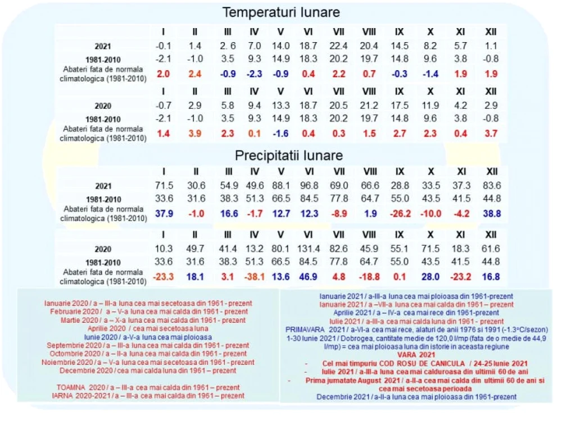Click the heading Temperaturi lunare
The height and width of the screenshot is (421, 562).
pos(281,12)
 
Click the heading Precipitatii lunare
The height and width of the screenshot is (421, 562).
pos(288,155)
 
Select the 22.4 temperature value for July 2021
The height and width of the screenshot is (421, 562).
pos(338,46)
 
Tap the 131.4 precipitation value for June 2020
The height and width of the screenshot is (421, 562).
pos(308,249)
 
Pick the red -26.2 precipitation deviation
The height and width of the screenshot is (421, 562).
pos(400,214)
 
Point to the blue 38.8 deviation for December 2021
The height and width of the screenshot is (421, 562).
pos(492,214)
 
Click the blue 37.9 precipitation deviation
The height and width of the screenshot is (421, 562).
pos(164,214)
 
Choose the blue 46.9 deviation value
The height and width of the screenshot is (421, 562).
pos(308,277)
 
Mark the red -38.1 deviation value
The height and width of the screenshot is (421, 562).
pos(254,277)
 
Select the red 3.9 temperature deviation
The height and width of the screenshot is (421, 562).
pos(194,134)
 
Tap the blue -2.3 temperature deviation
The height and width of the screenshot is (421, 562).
pos(254,74)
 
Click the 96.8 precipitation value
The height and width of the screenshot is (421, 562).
pos(309,185)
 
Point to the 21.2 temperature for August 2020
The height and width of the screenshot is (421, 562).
pos(369,106)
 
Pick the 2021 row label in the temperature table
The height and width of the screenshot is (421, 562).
pos(103,46)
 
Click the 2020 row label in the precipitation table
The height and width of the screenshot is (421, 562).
pos(103,249)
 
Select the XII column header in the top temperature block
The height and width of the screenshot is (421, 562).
pos(491,32)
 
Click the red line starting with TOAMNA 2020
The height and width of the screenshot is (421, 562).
pos(148,387)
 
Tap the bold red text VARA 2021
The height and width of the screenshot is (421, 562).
pos(416,355)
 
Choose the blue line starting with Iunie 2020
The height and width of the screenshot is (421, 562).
pos(148,337)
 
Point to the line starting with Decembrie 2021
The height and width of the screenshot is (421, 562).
pos(416,397)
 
